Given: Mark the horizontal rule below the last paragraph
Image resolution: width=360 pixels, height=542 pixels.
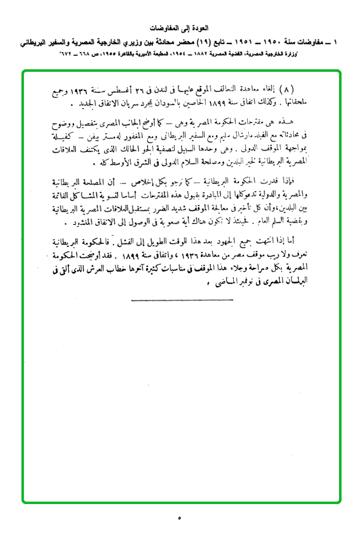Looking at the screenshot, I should click(x=182, y=300).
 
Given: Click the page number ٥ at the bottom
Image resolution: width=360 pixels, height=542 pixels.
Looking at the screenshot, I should click(x=179, y=518).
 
